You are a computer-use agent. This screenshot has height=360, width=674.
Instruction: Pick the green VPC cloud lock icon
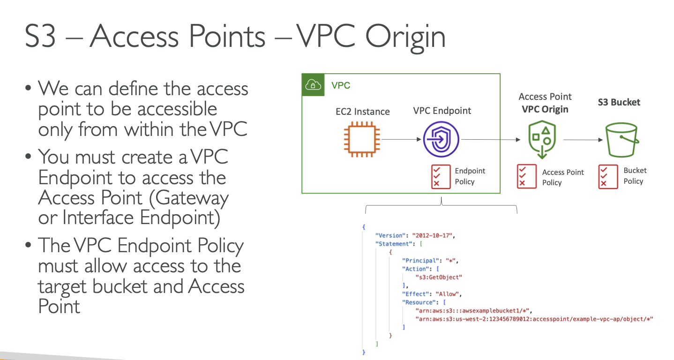(x=312, y=85)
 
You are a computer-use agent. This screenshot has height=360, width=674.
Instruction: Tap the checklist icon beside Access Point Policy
(x=526, y=176)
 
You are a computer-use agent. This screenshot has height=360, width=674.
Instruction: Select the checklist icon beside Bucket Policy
(x=608, y=176)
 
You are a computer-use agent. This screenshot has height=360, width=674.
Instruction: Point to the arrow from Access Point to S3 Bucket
(x=583, y=140)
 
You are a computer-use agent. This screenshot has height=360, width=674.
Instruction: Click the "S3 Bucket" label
(x=619, y=102)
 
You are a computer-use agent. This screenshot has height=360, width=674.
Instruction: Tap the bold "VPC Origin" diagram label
(x=545, y=109)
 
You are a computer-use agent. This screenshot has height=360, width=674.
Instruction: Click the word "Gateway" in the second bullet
(x=192, y=198)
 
